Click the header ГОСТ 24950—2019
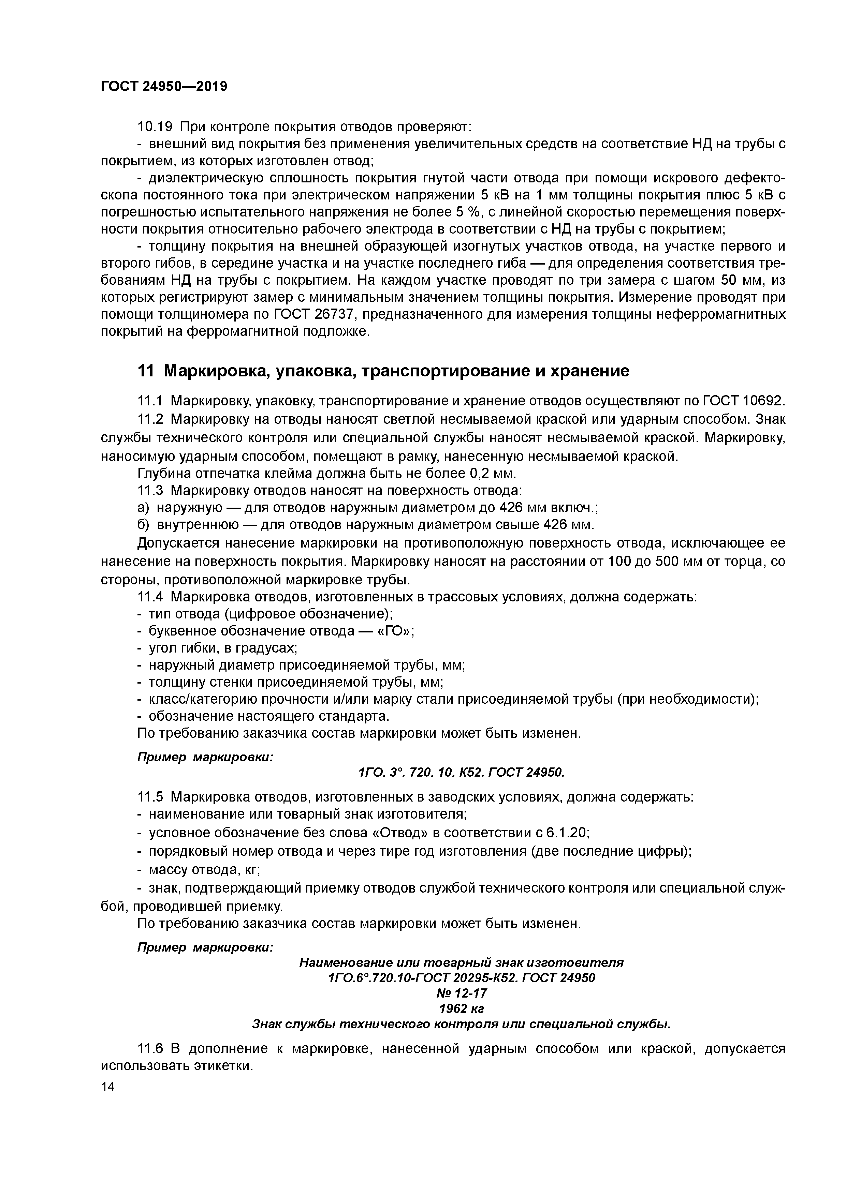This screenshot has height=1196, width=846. coord(164,87)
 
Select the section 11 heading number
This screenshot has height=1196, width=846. coord(145,371)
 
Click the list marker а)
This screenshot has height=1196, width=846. coord(143,508)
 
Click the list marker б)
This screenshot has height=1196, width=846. coord(143,525)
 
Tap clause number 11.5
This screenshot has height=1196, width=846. coord(150,797)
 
